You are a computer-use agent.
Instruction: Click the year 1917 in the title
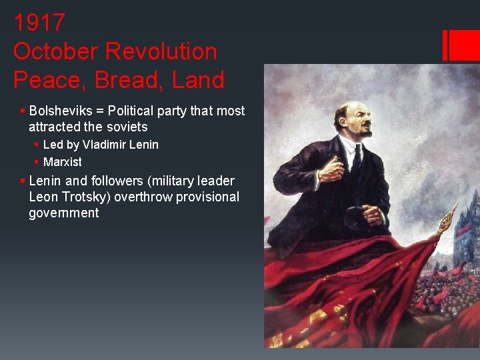click(39, 23)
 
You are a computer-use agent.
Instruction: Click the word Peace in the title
click(48, 80)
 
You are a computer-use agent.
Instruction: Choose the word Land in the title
click(197, 80)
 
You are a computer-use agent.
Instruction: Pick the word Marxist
click(63, 162)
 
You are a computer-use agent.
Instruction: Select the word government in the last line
click(63, 213)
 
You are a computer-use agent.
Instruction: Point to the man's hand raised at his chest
click(331, 171)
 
